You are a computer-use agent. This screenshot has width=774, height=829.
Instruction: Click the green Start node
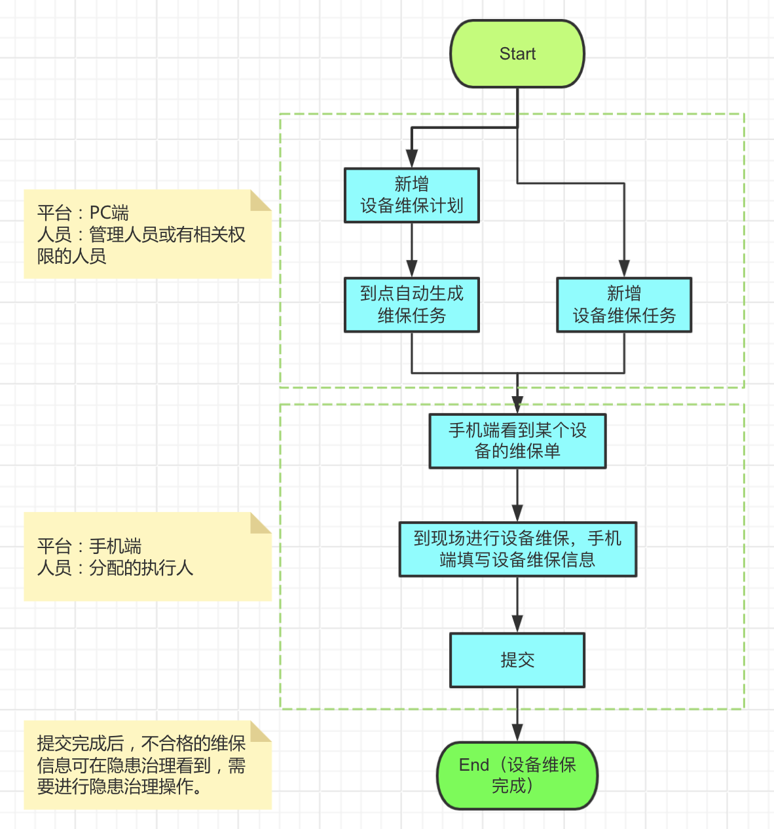tap(517, 54)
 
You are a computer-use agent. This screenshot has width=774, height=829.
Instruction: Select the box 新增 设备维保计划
tap(411, 195)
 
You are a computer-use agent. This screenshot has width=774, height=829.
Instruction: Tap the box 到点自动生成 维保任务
tap(411, 304)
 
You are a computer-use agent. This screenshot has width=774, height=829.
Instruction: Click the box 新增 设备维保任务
tap(623, 304)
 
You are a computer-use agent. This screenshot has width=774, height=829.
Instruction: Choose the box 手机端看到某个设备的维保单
tap(517, 441)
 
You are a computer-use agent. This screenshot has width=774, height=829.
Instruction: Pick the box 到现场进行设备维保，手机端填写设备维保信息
tap(517, 549)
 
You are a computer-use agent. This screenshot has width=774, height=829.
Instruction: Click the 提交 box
tap(517, 659)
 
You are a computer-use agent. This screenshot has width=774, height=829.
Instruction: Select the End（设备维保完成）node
tap(517, 775)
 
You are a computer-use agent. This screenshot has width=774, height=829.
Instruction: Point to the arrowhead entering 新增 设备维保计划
tap(411, 159)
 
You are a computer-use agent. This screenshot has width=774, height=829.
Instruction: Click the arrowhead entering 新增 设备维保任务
tap(623, 268)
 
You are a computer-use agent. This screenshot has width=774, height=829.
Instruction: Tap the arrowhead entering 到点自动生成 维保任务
tap(411, 268)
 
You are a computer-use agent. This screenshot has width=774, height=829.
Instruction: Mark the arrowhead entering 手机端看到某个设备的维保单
tap(517, 405)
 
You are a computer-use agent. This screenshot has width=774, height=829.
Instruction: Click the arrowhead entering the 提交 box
tap(517, 623)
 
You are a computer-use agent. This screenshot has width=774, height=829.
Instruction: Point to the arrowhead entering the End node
tap(517, 733)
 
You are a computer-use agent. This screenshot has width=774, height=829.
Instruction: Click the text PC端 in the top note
tap(109, 213)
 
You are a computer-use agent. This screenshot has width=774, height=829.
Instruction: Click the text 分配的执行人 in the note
tap(141, 568)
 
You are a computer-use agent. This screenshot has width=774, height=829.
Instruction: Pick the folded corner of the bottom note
tap(261, 731)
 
